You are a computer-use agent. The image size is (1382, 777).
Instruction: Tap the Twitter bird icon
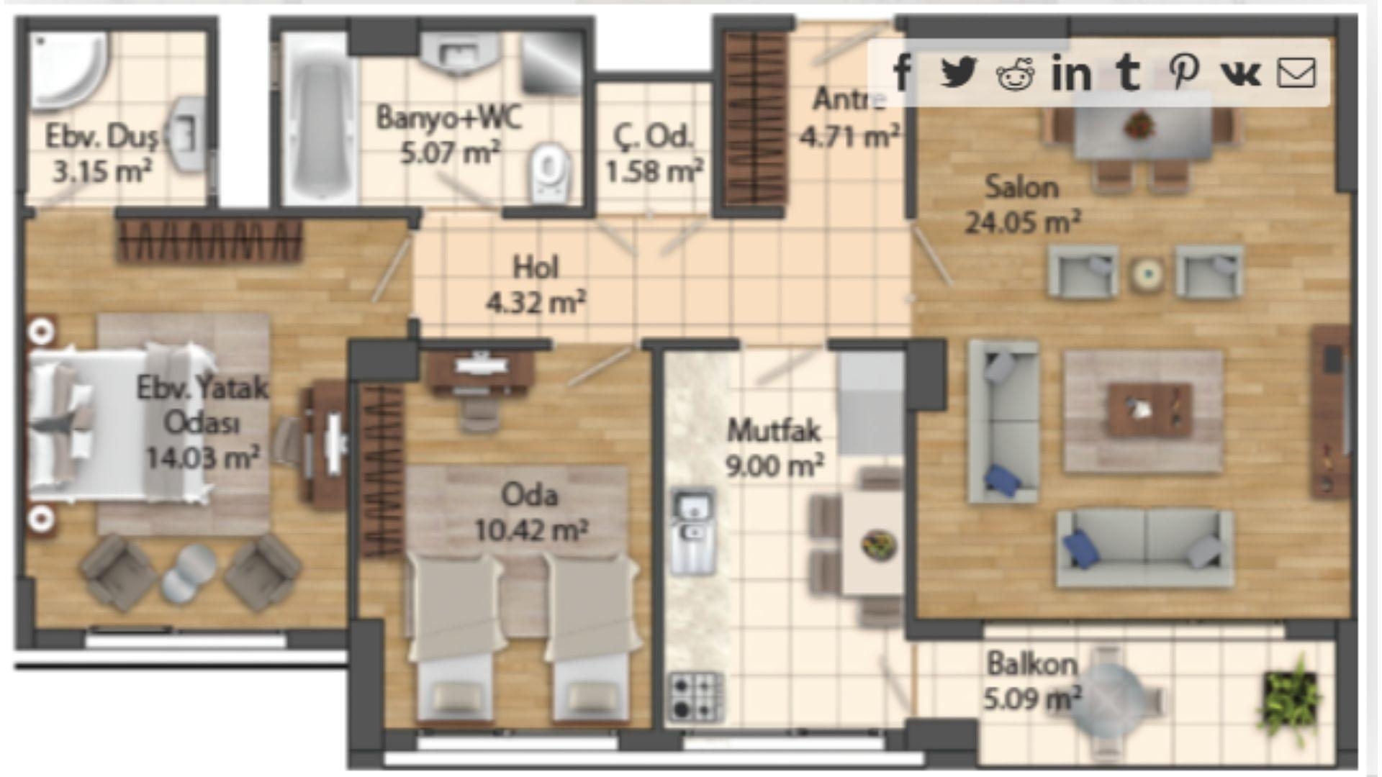(x=959, y=72)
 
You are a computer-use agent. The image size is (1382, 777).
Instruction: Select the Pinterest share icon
(x=1183, y=72)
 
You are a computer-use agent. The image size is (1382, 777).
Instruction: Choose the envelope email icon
(x=1296, y=73)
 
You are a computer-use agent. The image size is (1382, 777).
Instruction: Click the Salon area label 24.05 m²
(x=1023, y=222)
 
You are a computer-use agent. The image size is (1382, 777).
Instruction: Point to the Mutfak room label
(x=774, y=431)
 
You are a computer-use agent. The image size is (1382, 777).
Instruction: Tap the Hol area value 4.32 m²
(x=536, y=302)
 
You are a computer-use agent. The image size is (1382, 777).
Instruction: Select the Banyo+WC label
(x=449, y=117)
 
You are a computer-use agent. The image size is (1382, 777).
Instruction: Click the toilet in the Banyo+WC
(x=549, y=171)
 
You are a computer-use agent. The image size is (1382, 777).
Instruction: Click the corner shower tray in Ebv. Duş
(x=70, y=69)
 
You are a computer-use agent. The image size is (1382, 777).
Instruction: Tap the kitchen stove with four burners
(x=695, y=696)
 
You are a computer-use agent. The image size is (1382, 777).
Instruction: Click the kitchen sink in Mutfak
(x=692, y=531)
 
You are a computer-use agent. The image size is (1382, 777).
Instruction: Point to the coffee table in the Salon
(x=1150, y=410)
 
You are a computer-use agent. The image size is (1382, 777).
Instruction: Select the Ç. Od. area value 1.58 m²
(x=654, y=171)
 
